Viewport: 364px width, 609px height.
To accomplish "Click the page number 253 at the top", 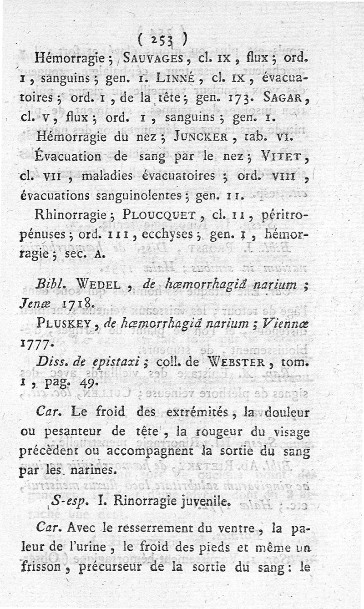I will click(163, 41).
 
